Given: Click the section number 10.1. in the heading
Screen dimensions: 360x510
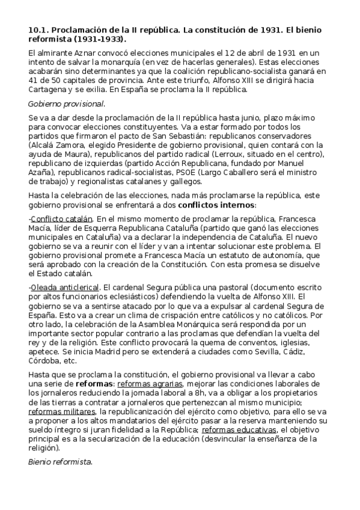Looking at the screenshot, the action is [40, 29].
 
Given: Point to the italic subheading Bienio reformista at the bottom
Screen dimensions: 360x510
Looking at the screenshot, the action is [60, 462].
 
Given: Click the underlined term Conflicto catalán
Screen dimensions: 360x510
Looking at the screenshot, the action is [61, 219].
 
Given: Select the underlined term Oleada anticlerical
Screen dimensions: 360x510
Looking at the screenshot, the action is [64, 287].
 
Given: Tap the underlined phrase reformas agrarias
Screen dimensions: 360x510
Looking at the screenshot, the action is [151, 383].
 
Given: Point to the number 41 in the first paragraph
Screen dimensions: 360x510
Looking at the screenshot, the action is [34, 81].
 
